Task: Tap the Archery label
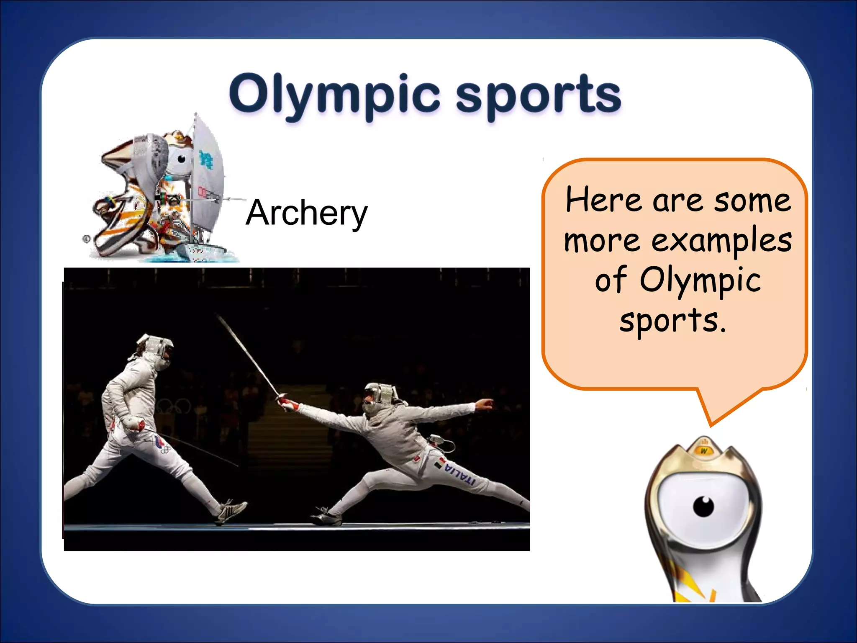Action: (306, 213)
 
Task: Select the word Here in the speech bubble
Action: (603, 200)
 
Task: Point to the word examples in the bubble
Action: (721, 241)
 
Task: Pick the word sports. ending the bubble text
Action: (672, 321)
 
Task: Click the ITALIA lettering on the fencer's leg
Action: (460, 475)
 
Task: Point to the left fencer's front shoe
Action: (231, 511)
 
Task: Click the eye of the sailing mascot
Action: (182, 159)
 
